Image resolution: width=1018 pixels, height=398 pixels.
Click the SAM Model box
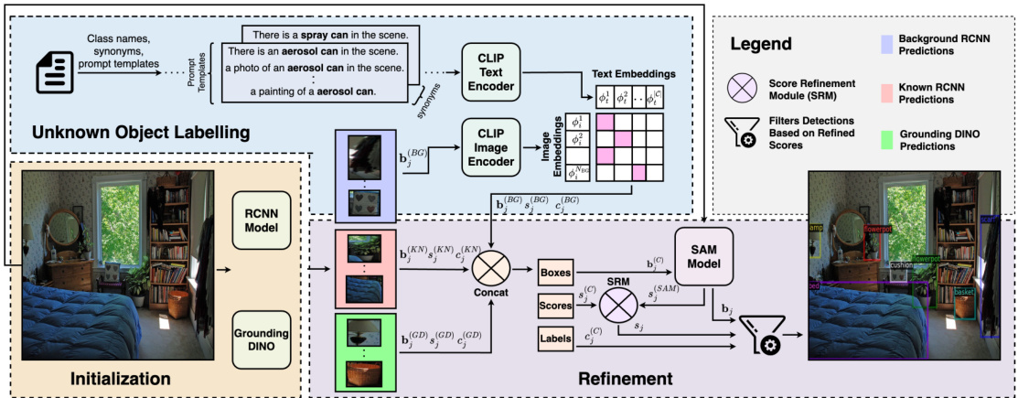coord(706,256)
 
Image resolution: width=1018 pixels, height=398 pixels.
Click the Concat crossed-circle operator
coord(493,271)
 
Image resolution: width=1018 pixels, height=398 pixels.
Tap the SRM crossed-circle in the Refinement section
coord(619,304)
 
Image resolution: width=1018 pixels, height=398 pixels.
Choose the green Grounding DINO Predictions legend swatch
coord(884,139)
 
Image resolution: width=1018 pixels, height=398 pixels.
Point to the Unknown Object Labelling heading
coord(141,132)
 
